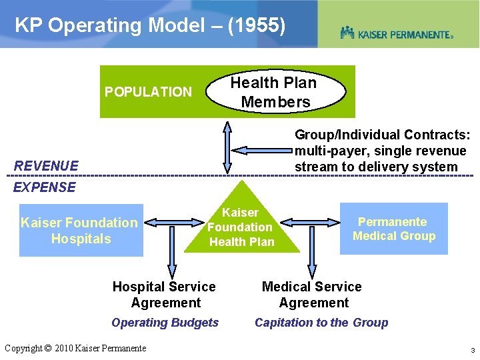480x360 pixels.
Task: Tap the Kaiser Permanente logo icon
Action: tap(347, 33)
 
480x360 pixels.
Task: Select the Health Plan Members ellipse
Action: tap(275, 92)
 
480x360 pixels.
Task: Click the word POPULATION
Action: tap(148, 92)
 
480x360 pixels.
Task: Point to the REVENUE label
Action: tap(46, 165)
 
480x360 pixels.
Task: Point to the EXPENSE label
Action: tap(45, 187)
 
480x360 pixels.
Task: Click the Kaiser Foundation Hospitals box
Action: tap(81, 231)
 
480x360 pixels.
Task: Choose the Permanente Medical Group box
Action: tap(393, 229)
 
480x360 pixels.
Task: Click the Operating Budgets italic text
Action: tap(165, 323)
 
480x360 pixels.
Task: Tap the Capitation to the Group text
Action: tap(321, 323)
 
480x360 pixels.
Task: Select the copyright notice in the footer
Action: tap(75, 348)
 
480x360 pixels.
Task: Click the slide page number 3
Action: tap(471, 350)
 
